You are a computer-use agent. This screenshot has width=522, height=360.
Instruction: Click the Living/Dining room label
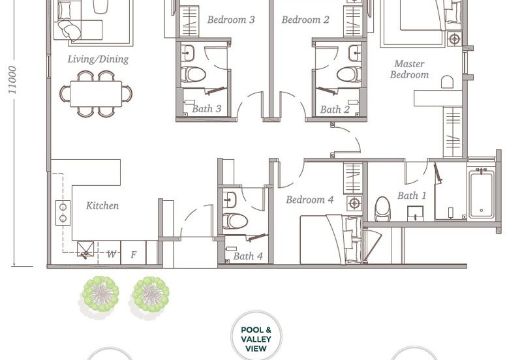(x=99, y=59)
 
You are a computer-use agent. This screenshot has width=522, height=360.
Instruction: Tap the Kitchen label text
(x=102, y=205)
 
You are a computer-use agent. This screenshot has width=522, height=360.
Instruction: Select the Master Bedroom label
(x=410, y=69)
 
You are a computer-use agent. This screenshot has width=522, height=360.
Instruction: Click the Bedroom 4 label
(x=309, y=200)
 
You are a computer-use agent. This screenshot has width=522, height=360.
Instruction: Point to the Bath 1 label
(x=412, y=196)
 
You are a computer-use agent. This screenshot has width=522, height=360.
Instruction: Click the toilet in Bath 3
(x=193, y=74)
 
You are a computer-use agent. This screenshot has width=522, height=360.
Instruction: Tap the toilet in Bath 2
(x=349, y=74)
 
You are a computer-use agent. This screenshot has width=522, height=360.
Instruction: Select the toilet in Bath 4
(x=235, y=221)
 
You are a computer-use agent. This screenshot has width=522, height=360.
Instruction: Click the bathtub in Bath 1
(x=482, y=194)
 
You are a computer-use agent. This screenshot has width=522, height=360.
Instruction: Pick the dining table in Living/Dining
(x=96, y=94)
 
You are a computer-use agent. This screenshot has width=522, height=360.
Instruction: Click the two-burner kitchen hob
(x=63, y=213)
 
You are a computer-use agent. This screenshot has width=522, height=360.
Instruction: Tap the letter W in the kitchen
(x=112, y=254)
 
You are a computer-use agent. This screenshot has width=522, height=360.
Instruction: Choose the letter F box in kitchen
(x=133, y=253)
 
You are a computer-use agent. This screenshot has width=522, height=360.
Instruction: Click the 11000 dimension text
(x=12, y=80)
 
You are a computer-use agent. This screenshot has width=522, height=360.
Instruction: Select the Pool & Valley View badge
(x=256, y=337)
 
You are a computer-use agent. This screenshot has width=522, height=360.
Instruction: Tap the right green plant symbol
(x=151, y=294)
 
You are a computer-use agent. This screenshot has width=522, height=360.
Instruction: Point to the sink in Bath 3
(x=188, y=53)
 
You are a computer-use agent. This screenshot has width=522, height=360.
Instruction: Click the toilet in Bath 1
(x=382, y=209)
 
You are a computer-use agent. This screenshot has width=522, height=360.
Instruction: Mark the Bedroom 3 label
(x=231, y=20)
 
